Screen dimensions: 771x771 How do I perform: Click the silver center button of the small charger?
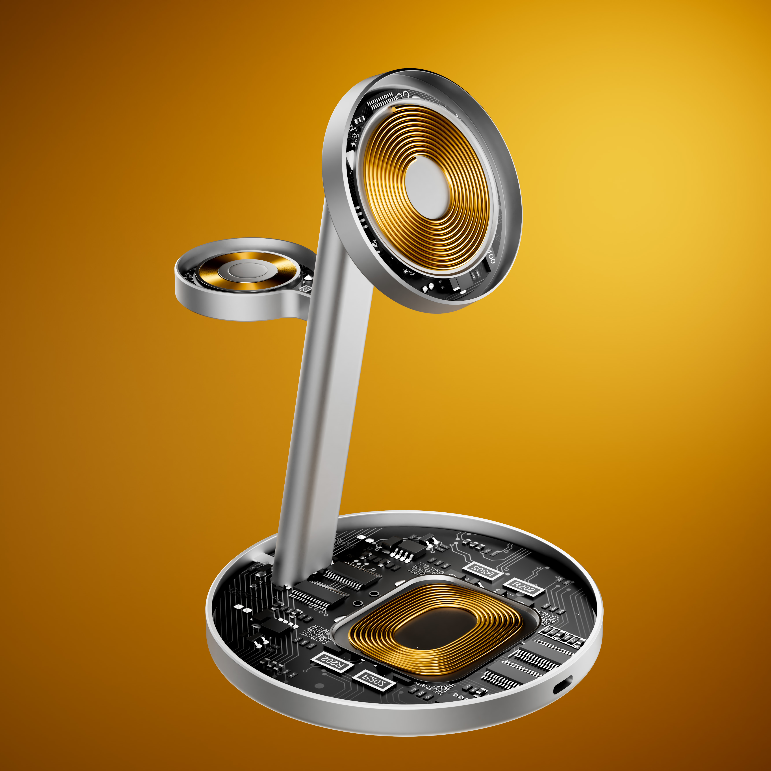[247, 270]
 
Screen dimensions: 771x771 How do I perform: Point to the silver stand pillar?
[327, 399]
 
